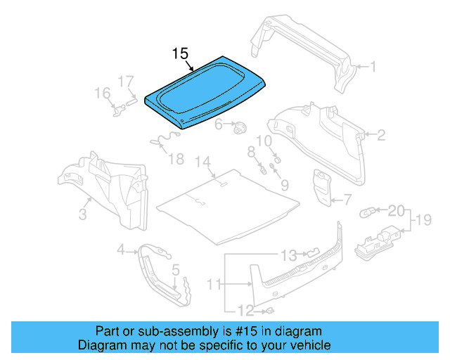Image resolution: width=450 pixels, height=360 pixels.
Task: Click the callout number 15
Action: pos(181,54)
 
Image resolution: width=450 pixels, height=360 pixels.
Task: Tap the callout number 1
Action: pos(373,67)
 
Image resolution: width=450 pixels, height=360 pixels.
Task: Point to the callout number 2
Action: pos(381,135)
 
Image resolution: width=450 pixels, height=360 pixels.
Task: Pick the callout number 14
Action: pos(203,162)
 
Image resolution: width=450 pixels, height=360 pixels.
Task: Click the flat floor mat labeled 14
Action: pos(225,204)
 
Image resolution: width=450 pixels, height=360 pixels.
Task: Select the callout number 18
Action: pos(176,159)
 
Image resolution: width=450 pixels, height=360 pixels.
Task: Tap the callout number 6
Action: pos(219,125)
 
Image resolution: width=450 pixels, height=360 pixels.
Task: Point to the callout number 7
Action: pos(347,200)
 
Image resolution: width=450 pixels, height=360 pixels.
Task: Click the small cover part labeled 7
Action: pos(323,186)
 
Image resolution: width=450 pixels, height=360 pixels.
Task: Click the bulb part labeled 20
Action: pos(368,211)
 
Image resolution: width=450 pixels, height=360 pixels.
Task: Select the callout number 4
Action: pos(121,249)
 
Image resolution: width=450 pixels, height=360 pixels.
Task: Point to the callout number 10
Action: pos(264,141)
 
